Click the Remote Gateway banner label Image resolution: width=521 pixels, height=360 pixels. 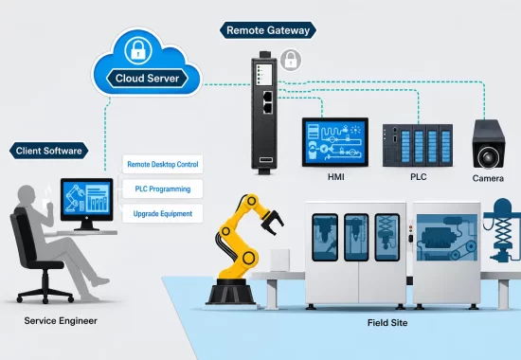pos(268,30)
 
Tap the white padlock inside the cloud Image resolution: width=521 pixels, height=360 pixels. pos(138,50)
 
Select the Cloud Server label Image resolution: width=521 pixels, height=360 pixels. pos(147,79)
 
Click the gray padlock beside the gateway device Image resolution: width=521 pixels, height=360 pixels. pos(291,61)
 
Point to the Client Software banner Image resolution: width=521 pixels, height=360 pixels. pos(49,151)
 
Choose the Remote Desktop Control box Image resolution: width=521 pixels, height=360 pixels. pos(163,164)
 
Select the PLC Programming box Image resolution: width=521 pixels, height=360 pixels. pos(163,189)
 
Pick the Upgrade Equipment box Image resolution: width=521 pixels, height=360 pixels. pos(163,213)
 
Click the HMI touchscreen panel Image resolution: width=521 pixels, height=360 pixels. pos(335,142)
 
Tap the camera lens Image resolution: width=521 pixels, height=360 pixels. pos(488,157)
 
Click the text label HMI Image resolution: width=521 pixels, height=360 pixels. pos(336,177)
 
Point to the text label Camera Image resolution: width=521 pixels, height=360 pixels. pos(488,178)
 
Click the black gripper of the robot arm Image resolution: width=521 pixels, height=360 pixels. pos(273,221)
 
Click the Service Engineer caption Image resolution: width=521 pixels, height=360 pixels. pos(61,321)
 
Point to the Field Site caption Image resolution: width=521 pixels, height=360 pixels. pos(387,323)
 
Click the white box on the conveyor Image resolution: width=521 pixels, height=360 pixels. pos(279,261)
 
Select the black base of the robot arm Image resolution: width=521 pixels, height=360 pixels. pos(230,292)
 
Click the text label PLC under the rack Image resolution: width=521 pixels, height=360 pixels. pos(419,177)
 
